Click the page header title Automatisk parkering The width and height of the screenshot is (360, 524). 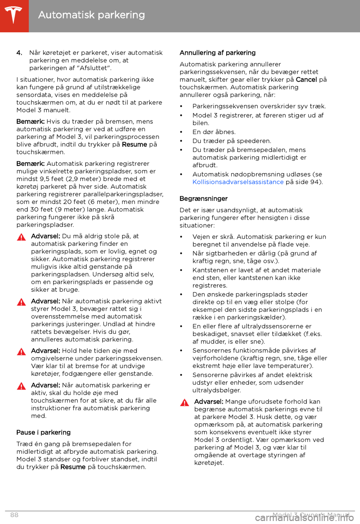pos(91,15)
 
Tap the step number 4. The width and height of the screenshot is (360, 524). pos(19,53)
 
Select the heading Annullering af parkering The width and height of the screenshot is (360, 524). pos(217,53)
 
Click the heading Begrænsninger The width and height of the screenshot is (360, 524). pos(204,199)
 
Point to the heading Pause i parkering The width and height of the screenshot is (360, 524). pos(43,432)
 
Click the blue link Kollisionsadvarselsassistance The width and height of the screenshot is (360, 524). pos(238,182)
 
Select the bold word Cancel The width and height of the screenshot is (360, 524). pos(306,80)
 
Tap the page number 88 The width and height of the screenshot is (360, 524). pos(14,515)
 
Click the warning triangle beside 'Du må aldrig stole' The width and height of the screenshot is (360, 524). pos(21,237)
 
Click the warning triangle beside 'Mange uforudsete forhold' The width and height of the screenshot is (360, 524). pos(184,403)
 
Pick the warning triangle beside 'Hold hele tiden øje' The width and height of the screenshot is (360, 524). pos(21,352)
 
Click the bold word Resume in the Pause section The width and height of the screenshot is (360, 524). pos(73,467)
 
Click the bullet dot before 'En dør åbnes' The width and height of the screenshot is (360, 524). pos(181,132)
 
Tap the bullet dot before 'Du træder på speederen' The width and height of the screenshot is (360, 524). pos(181,141)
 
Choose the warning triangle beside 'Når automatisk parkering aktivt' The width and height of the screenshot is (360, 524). pos(21,302)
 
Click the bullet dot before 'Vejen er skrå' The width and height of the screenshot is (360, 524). pos(181,237)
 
